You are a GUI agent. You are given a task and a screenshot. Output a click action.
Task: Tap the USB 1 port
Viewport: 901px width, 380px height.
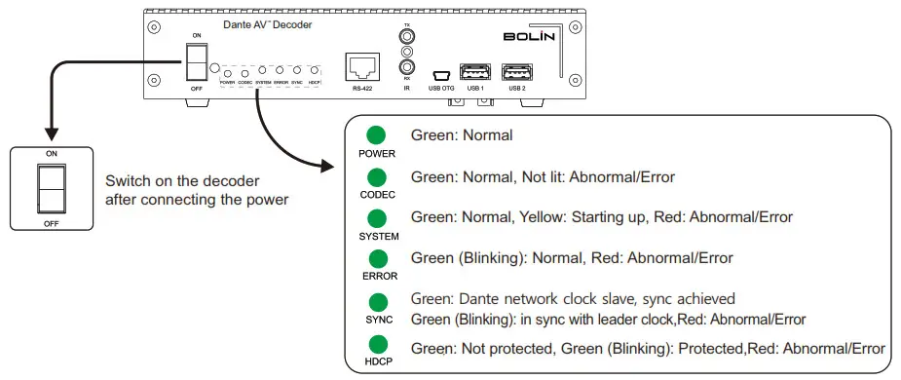(x=474, y=72)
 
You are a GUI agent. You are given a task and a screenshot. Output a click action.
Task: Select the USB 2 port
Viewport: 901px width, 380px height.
(x=515, y=72)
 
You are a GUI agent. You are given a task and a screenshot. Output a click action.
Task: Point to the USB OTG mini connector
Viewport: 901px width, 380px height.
(x=440, y=75)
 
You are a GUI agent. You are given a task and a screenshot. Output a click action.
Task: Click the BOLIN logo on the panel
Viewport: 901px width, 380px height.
(x=530, y=38)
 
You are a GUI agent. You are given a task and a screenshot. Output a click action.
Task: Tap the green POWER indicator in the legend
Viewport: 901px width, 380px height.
(x=375, y=136)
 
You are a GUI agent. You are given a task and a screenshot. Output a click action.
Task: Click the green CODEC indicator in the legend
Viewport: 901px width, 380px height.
(x=375, y=177)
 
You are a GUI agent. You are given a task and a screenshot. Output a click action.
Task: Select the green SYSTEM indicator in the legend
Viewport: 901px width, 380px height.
(x=375, y=218)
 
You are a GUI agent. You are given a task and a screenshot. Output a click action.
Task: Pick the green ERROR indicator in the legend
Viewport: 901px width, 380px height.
(x=375, y=259)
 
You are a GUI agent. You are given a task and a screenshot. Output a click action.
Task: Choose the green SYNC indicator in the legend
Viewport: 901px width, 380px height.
(x=375, y=301)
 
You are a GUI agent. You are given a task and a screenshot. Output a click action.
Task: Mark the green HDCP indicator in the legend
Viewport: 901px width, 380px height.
(x=375, y=342)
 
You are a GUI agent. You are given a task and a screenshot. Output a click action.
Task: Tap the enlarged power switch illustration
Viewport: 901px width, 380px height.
(x=50, y=188)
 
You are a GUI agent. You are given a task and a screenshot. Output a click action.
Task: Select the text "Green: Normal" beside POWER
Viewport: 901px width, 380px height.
(x=461, y=135)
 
